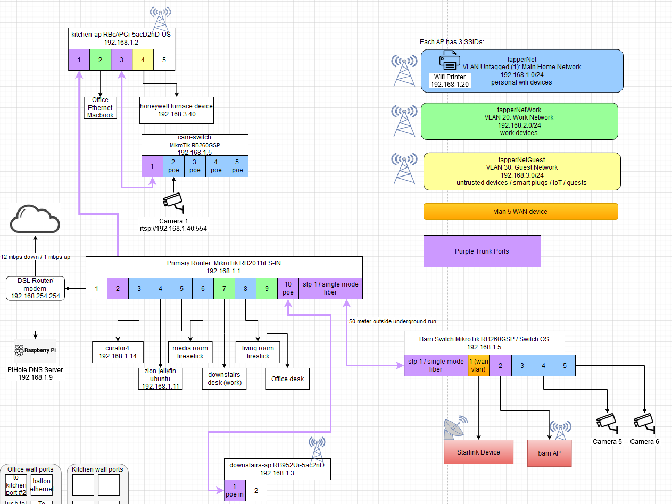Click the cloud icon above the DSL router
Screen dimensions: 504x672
point(35,219)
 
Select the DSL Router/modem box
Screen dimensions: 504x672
point(36,288)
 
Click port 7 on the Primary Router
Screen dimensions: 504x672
point(224,288)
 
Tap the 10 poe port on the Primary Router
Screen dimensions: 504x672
point(288,288)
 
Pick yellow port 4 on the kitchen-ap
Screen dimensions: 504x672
point(143,60)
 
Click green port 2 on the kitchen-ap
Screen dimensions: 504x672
point(100,60)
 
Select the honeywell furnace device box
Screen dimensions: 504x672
point(177,110)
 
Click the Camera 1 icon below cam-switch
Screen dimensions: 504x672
point(173,201)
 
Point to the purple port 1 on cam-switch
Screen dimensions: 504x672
point(152,166)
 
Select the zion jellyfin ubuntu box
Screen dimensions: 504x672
point(160,378)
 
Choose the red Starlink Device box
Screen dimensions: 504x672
point(478,452)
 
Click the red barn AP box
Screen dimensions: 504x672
point(549,453)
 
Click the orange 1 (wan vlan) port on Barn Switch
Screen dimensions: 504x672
point(478,365)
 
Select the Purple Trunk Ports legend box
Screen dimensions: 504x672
point(482,251)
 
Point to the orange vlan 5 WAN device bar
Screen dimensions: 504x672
point(520,211)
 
